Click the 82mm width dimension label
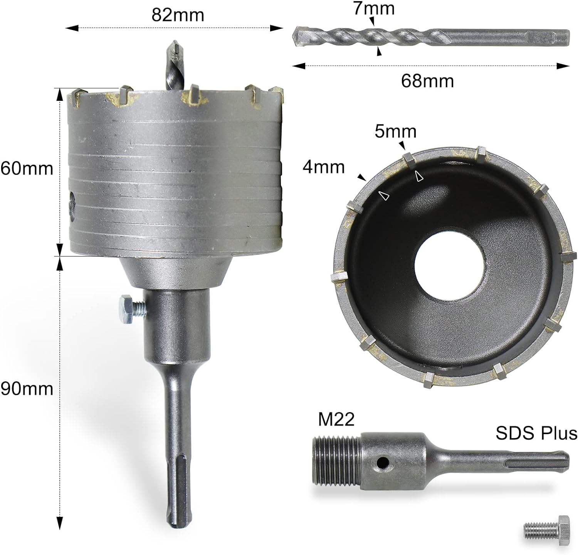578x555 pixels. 178,15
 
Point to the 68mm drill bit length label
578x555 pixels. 427,81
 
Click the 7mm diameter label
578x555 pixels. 374,8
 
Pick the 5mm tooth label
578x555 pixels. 396,132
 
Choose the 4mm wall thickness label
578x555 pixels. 324,167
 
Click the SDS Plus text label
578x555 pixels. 536,433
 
